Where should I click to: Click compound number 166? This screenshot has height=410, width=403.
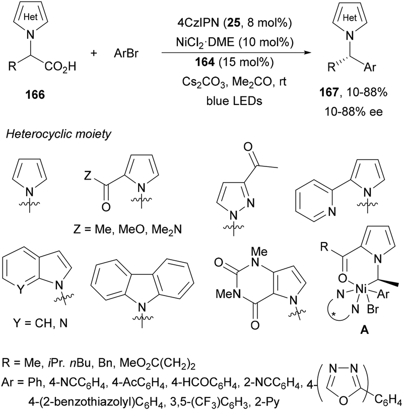[35, 95]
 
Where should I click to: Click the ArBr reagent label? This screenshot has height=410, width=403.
[126, 53]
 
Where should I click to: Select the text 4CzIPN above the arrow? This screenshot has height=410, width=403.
[198, 23]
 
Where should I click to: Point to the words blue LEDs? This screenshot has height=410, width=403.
[234, 101]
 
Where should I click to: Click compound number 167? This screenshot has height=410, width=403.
[329, 92]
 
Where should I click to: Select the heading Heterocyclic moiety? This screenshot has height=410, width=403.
[59, 134]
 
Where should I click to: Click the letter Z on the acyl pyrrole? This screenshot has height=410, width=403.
[88, 175]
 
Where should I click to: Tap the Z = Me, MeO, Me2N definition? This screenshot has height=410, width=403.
[128, 229]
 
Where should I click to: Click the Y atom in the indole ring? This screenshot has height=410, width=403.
[20, 289]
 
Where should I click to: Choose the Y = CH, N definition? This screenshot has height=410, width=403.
[40, 323]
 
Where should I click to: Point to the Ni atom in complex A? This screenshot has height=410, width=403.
[362, 289]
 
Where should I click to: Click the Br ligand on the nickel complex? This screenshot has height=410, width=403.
[373, 309]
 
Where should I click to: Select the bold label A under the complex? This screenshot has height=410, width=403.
[364, 330]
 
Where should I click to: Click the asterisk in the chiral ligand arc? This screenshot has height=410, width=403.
[333, 315]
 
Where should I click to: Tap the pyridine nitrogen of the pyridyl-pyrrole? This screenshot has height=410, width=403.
[332, 211]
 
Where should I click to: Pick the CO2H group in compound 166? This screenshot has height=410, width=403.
[60, 67]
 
